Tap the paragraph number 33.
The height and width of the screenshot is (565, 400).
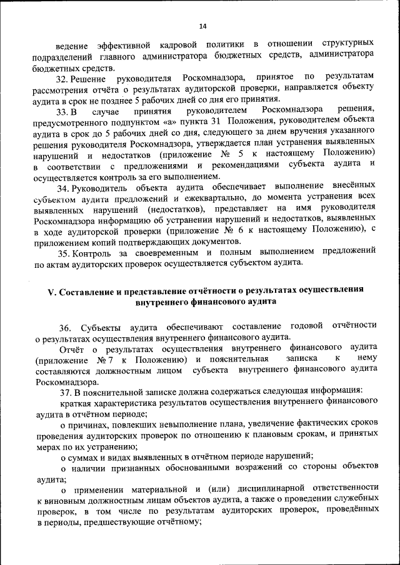point(62,111)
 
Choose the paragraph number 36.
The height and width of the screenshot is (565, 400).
point(65,327)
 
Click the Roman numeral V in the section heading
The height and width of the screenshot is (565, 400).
point(52,290)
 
